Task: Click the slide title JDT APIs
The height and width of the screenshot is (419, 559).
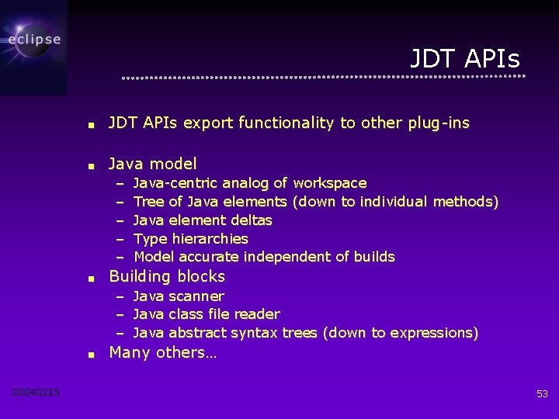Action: click(x=464, y=58)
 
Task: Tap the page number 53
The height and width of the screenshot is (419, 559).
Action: click(x=542, y=394)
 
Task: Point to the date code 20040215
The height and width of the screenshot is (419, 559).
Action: click(x=36, y=393)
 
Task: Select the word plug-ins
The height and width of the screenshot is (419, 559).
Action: click(x=436, y=123)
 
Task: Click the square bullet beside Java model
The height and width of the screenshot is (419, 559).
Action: click(x=91, y=165)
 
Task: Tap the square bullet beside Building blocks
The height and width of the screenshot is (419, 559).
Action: click(x=91, y=278)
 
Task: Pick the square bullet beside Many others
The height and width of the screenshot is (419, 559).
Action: click(x=91, y=354)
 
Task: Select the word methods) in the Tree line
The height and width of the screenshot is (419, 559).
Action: click(x=465, y=202)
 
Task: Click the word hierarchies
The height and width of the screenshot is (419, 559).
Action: click(x=210, y=239)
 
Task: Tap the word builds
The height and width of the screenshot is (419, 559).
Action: click(x=374, y=257)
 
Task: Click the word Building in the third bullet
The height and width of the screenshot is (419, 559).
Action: click(x=139, y=276)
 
